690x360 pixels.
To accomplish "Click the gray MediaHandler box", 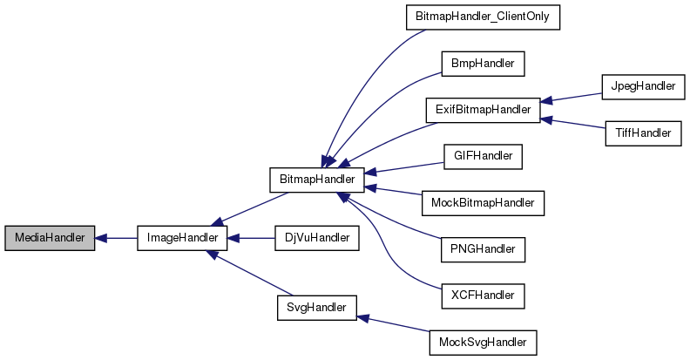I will (49, 238).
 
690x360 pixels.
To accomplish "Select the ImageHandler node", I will (183, 238).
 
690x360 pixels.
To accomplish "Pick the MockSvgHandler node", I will (482, 342).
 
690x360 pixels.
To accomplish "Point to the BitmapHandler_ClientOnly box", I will (482, 18).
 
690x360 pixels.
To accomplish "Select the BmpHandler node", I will (482, 65).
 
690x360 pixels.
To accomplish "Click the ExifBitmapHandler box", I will (482, 111).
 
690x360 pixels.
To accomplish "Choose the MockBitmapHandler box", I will (482, 203).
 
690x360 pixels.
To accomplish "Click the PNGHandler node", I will (482, 249).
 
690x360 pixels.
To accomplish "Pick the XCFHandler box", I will (482, 295).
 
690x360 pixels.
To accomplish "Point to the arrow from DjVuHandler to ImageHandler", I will (252, 238).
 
